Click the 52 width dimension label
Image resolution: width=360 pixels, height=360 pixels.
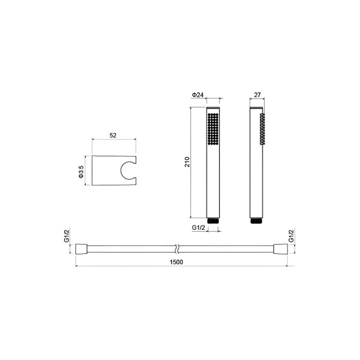(113, 136)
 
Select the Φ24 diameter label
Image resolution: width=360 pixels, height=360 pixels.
(197, 95)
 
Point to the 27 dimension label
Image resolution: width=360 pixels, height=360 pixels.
(257, 95)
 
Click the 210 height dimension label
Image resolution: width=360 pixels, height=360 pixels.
(188, 162)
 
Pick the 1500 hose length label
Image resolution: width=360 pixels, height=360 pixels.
(176, 262)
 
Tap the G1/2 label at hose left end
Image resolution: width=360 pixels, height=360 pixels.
(67, 236)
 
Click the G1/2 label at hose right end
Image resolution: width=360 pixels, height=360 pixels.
(291, 236)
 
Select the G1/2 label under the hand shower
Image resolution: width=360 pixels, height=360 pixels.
(199, 228)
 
